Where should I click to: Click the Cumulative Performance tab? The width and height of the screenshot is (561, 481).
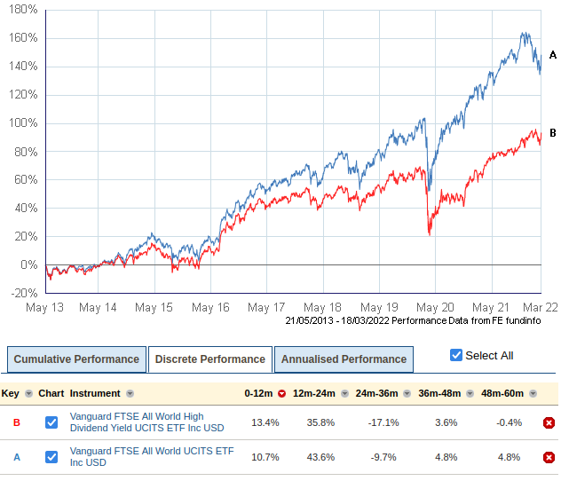[76, 359]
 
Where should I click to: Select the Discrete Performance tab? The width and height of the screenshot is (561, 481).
[209, 359]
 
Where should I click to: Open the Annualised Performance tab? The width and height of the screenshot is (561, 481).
[344, 359]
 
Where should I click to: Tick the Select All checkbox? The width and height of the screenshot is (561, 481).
[456, 355]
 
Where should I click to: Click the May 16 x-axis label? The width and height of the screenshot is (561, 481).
[210, 307]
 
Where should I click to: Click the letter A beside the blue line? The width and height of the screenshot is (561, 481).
[552, 55]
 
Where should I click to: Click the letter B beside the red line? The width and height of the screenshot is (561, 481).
[552, 133]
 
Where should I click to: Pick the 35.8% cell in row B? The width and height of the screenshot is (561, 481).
[314, 422]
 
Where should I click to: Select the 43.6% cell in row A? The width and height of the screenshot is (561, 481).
[314, 457]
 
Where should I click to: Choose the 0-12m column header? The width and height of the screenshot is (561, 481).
[260, 393]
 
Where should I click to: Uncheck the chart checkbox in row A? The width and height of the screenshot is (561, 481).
[51, 457]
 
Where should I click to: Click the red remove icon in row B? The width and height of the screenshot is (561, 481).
[549, 422]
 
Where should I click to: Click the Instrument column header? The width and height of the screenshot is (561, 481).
[96, 393]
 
